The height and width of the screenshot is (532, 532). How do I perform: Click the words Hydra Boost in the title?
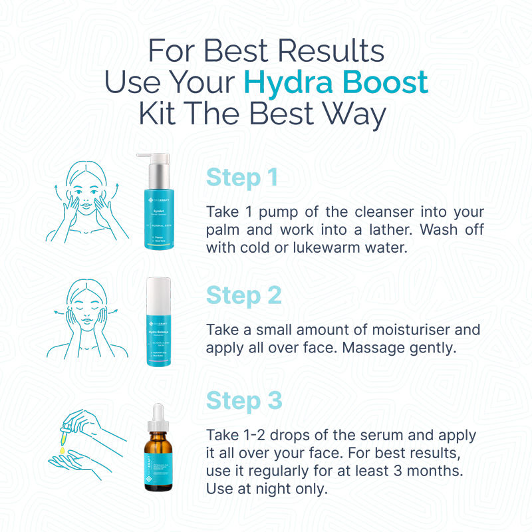(336, 82)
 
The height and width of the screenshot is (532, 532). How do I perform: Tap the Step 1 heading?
(242, 178)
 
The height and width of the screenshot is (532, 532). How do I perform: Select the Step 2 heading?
(243, 295)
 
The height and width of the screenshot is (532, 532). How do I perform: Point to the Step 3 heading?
(244, 401)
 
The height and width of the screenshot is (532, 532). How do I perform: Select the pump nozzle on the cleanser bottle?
(148, 158)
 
